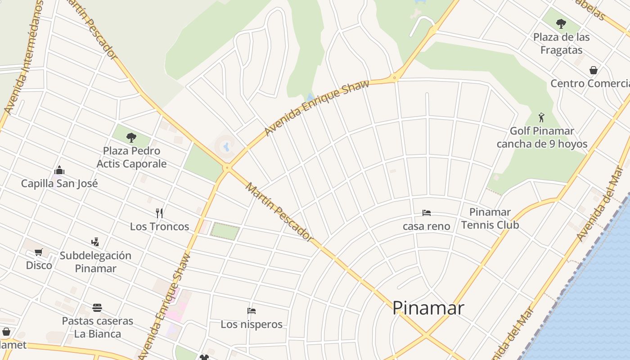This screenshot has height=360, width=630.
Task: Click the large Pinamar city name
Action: [x=428, y=308]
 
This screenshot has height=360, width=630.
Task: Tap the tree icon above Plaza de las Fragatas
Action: [x=561, y=23]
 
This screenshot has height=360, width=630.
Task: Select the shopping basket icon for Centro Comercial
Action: [x=594, y=70]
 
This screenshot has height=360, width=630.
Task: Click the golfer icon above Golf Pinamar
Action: [x=541, y=118]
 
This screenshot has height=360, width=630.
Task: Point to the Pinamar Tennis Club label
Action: [x=490, y=218]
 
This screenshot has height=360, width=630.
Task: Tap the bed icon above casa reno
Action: [x=427, y=212]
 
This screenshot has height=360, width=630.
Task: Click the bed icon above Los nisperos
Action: [x=252, y=311]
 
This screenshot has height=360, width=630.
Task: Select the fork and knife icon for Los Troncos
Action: [x=159, y=212]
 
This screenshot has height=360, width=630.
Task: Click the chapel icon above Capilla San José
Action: [x=59, y=170]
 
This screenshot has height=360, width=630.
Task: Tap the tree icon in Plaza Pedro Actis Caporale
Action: [x=131, y=137]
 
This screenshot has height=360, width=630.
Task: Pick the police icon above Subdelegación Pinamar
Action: [x=95, y=242]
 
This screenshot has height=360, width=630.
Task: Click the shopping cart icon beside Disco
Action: [x=39, y=252]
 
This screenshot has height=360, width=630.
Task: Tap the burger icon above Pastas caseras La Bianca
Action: [x=97, y=308]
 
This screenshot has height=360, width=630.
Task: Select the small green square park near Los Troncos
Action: [x=225, y=231]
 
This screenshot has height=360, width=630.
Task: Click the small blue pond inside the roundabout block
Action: [x=226, y=146]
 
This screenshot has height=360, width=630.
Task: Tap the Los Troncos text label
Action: [x=159, y=226]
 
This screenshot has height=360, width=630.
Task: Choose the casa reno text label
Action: [x=426, y=226]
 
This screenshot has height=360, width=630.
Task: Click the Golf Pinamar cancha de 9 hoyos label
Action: [x=542, y=137]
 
